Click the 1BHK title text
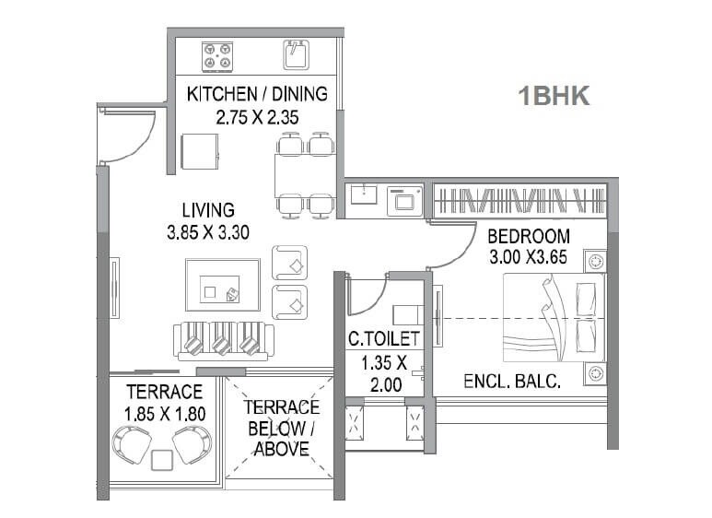[x=554, y=95]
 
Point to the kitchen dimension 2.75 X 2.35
[x=257, y=117]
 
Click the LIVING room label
[x=207, y=210]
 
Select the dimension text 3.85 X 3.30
[x=208, y=232]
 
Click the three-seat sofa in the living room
[x=221, y=342]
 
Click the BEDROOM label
[x=529, y=235]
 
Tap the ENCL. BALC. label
[x=513, y=381]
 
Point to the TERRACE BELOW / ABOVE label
[x=282, y=428]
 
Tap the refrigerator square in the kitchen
[x=200, y=150]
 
